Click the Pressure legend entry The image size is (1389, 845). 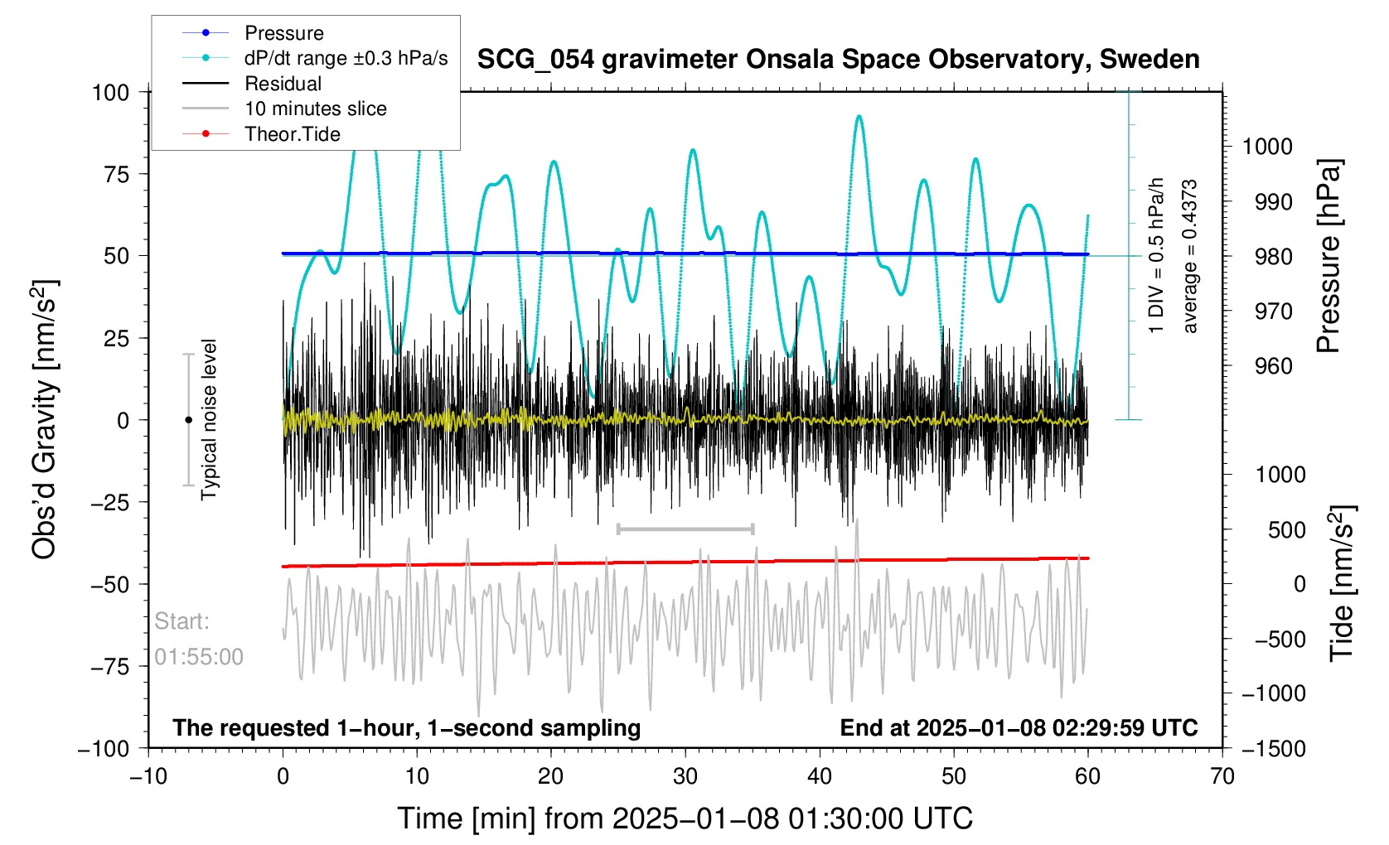pos(283,33)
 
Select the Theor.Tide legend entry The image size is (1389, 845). pos(292,134)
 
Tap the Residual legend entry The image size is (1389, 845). pos(283,84)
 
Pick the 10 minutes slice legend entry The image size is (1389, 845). pos(315,109)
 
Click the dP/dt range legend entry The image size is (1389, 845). pos(346,58)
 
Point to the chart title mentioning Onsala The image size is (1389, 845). pos(838,60)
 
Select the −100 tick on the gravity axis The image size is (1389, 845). pos(104,749)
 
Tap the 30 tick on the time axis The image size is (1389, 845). pos(685,776)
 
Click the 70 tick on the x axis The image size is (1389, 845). pos(1222,776)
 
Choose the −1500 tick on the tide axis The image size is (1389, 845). pos(1273,749)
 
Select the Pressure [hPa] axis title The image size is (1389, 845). pos(1329,257)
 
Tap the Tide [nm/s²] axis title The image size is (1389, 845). pos(1342,583)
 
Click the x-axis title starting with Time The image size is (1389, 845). pos(685,818)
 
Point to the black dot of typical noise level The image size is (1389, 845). pos(188,420)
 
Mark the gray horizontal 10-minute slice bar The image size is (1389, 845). pos(685,529)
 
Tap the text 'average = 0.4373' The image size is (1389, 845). pos(1190,257)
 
